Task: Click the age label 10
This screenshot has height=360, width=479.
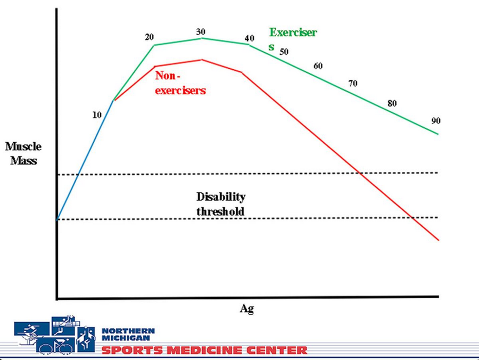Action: click(97, 114)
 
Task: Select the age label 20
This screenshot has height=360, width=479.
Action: click(149, 37)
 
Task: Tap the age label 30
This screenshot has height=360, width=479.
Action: click(201, 31)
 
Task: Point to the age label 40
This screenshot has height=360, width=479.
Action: click(249, 38)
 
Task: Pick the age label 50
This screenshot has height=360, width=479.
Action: click(284, 52)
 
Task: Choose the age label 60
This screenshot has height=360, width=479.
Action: click(318, 66)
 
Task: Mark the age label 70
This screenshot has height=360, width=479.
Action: click(353, 83)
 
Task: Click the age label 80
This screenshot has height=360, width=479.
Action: click(392, 103)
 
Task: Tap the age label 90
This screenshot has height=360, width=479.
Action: click(435, 121)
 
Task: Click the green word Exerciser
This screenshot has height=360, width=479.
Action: click(293, 32)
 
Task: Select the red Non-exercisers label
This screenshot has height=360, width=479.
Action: click(180, 83)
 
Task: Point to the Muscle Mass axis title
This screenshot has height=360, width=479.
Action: click(23, 153)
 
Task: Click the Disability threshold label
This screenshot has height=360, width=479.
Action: click(221, 204)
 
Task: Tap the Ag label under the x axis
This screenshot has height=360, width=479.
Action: click(246, 309)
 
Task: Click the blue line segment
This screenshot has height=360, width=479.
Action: click(85, 160)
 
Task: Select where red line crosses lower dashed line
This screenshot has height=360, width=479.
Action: click(413, 217)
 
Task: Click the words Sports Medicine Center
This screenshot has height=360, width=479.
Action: click(204, 350)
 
